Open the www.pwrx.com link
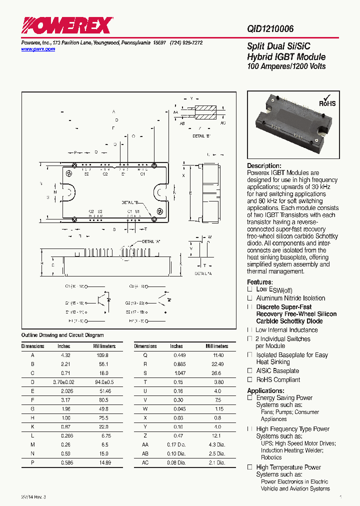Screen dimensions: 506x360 coord(38,49)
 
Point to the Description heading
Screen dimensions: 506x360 coord(264,166)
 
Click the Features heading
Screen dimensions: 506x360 coord(259,282)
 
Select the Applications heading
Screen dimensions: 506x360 coord(265,390)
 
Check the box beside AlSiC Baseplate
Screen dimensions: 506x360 coord(249,371)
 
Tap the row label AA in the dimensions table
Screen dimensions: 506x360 coord(145,444)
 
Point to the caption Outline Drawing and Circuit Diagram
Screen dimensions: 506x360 coord(62,335)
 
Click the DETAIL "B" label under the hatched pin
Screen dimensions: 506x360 coord(201,136)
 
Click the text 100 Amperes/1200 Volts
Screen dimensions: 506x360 coord(286,66)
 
